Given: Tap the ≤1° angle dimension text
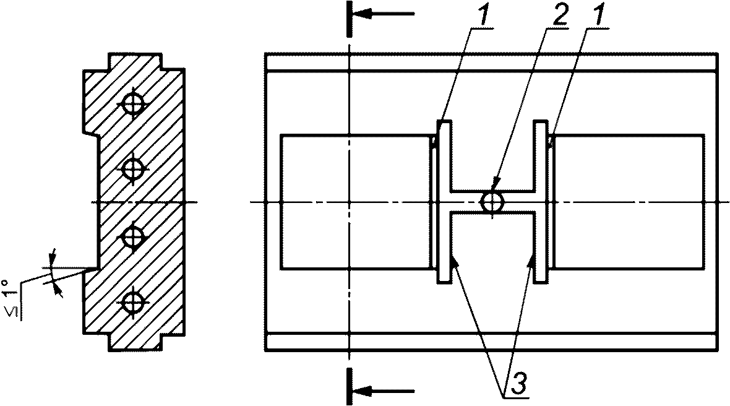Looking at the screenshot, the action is click(x=14, y=298).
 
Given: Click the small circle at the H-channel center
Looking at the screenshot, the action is click(x=492, y=202).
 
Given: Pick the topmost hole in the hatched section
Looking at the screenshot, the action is click(x=133, y=104).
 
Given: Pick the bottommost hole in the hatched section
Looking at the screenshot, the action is click(x=133, y=303).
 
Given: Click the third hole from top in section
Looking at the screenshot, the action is click(x=133, y=237).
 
